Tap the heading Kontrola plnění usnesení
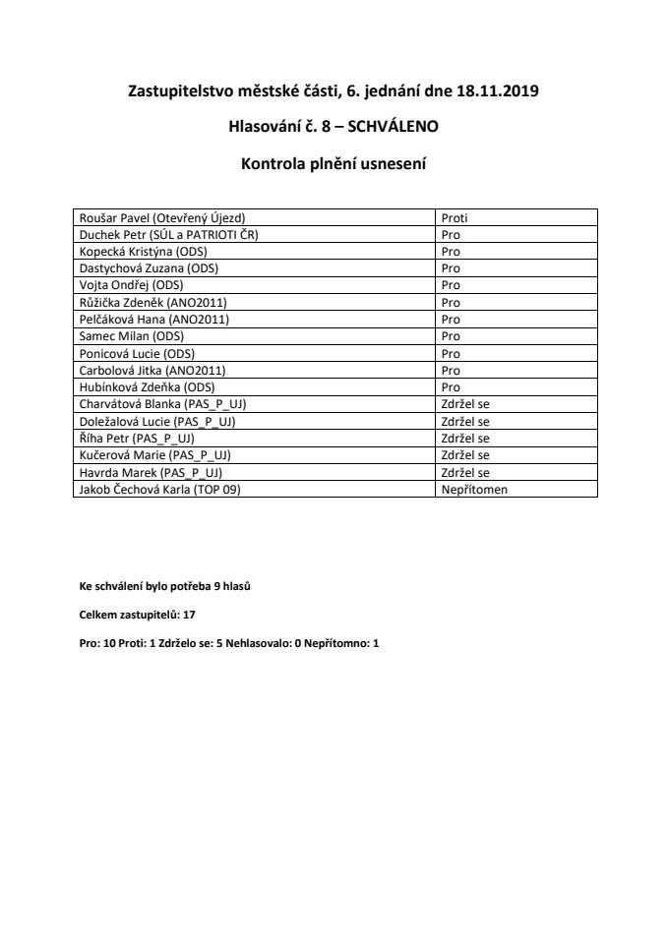[x=334, y=162]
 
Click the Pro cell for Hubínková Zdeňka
[x=451, y=386]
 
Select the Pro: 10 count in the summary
[x=97, y=641]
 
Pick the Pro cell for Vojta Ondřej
[x=451, y=285]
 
